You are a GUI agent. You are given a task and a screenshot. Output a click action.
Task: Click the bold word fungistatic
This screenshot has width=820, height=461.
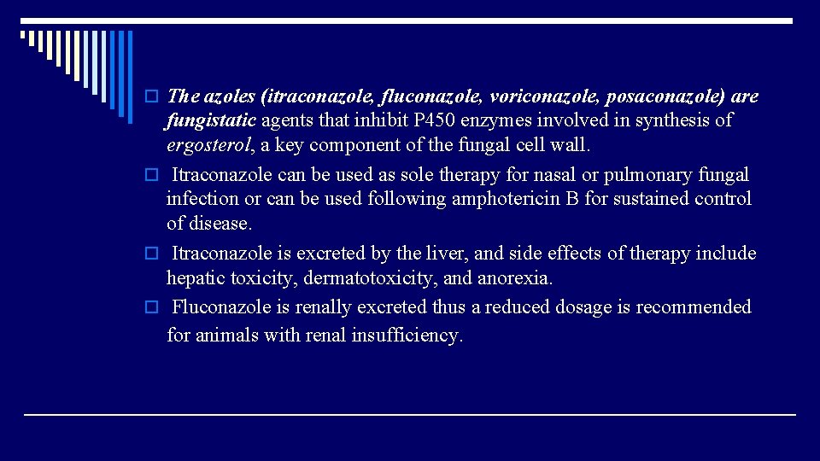(211, 120)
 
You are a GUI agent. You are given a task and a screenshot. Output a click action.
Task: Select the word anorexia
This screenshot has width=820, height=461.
(515, 278)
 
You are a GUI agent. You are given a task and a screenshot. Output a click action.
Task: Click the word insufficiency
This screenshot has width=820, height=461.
(408, 335)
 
